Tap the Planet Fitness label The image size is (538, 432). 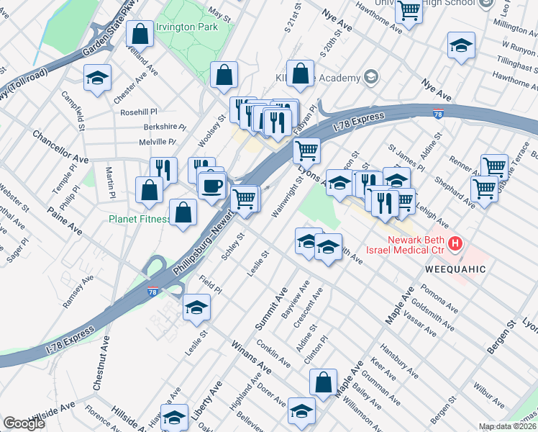click(140, 219)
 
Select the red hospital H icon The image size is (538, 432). click(455, 245)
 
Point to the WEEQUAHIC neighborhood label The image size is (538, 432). click(454, 269)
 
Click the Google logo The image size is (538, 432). click(24, 423)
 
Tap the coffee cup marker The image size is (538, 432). click(211, 186)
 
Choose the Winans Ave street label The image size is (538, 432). click(250, 358)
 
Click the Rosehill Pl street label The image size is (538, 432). click(138, 112)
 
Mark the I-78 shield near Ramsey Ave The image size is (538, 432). click(152, 291)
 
